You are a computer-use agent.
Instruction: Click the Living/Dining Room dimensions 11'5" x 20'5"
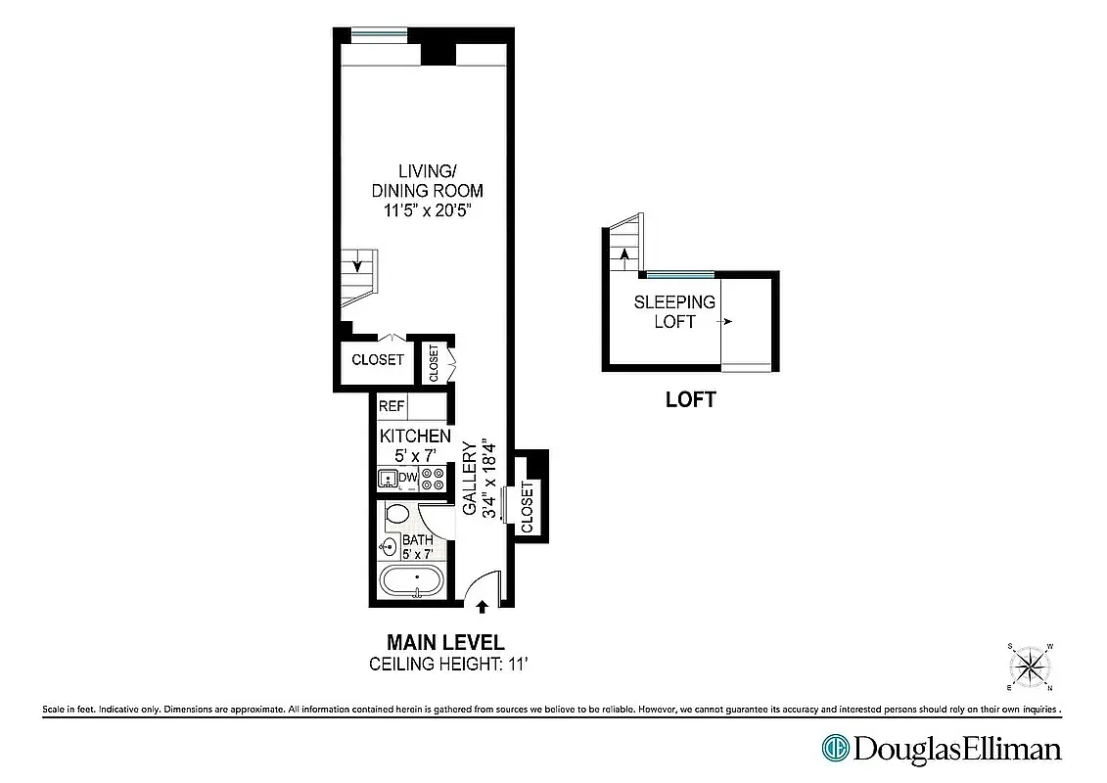click(427, 209)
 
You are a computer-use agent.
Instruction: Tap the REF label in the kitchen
click(392, 405)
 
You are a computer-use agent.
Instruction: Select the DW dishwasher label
click(408, 478)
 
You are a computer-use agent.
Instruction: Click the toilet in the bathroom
click(397, 515)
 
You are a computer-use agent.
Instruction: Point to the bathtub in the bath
click(412, 581)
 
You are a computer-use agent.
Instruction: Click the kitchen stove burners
click(433, 479)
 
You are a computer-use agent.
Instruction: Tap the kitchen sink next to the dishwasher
click(388, 479)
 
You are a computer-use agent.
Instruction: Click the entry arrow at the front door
click(482, 608)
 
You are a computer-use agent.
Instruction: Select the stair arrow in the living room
click(358, 262)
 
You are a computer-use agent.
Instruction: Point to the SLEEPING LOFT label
click(674, 311)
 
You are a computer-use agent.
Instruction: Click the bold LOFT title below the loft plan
click(690, 399)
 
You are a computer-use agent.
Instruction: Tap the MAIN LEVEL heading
click(445, 643)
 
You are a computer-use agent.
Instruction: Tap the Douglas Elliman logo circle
click(835, 749)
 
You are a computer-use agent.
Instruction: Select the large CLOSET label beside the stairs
click(378, 359)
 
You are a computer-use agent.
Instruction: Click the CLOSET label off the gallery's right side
click(529, 507)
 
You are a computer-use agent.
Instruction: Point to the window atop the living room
click(381, 35)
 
